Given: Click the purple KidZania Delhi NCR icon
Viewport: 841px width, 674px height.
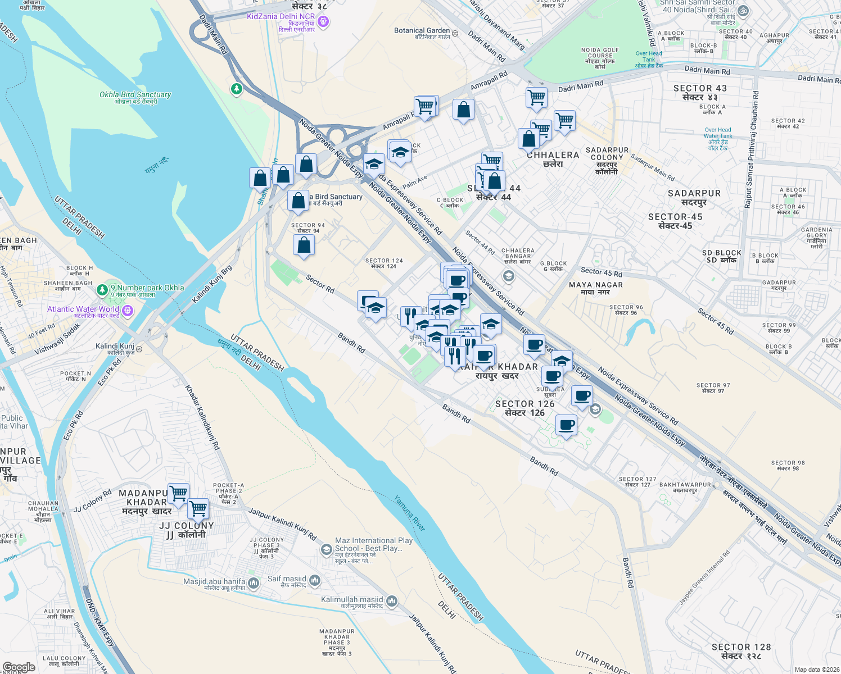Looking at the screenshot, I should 323,22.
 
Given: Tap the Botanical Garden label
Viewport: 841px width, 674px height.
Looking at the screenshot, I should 422,31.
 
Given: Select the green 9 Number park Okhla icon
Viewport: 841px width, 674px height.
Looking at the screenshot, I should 102,290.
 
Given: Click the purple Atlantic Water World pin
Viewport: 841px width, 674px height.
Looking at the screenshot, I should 128,311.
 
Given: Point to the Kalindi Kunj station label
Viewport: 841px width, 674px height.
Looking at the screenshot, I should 115,347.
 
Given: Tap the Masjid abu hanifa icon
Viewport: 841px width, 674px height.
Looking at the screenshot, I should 254,584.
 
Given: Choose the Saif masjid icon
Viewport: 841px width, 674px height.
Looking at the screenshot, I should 314,580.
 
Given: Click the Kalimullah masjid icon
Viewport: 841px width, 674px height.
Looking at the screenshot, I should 391,602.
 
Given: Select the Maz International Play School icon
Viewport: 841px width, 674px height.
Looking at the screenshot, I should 326,549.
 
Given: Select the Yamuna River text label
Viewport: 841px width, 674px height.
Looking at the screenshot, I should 409,513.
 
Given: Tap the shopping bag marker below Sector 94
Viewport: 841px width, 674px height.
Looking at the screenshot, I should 304,245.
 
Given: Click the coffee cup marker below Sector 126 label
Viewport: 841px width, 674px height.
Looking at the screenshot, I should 566,425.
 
